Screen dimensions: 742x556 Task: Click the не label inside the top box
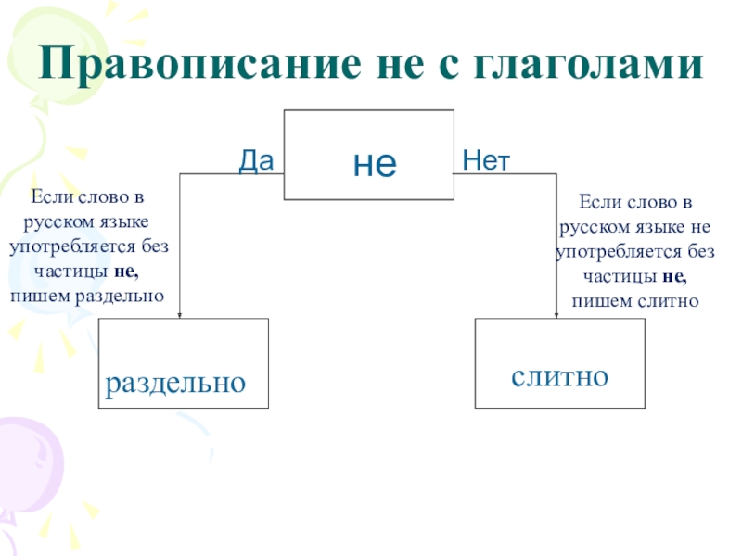(x=375, y=164)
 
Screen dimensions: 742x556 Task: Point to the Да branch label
(x=256, y=162)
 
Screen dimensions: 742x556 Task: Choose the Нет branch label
(x=486, y=162)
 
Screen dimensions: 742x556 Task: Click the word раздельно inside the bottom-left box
(x=175, y=382)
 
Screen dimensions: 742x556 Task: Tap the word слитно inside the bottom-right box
(x=559, y=376)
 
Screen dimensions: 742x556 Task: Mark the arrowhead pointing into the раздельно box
(x=179, y=312)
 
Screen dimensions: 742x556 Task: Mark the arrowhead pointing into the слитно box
(x=556, y=313)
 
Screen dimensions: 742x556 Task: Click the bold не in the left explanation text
(x=126, y=272)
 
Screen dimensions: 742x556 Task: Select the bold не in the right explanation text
(x=674, y=276)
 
